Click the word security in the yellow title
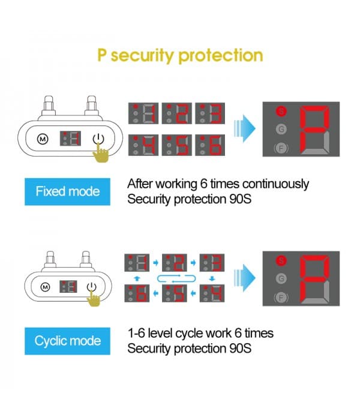tap(143, 56)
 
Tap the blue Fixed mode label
tap(67, 192)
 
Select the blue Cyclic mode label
tap(67, 341)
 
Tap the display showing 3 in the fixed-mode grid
tap(210, 114)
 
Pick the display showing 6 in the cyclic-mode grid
tap(137, 293)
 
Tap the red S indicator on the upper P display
tap(280, 111)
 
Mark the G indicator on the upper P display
tap(280, 129)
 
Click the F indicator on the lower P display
tap(280, 297)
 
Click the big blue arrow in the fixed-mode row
tap(245, 130)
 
